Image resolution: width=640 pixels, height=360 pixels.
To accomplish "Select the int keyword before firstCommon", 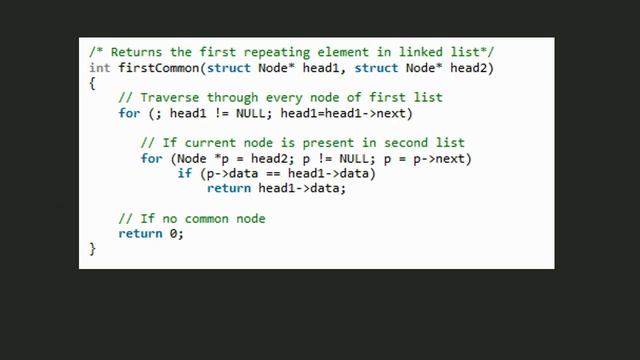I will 99,67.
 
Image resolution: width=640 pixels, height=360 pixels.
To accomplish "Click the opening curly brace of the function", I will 92,83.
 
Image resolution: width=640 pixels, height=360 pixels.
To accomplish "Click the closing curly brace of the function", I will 92,249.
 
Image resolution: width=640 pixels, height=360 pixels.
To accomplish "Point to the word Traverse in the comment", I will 170,98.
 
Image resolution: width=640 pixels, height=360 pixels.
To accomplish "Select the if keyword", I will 185,174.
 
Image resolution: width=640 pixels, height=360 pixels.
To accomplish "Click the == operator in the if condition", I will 271,174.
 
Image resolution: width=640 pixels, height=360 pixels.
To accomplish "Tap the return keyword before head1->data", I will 230,189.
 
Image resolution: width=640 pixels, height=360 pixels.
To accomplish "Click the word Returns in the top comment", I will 133,52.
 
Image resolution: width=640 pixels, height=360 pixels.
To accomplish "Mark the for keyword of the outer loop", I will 129,113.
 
